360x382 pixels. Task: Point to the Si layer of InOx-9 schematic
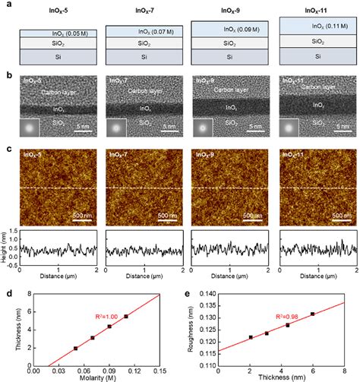coord(226,58)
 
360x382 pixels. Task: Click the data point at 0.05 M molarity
coord(75,348)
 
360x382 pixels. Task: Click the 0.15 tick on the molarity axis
coord(159,369)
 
